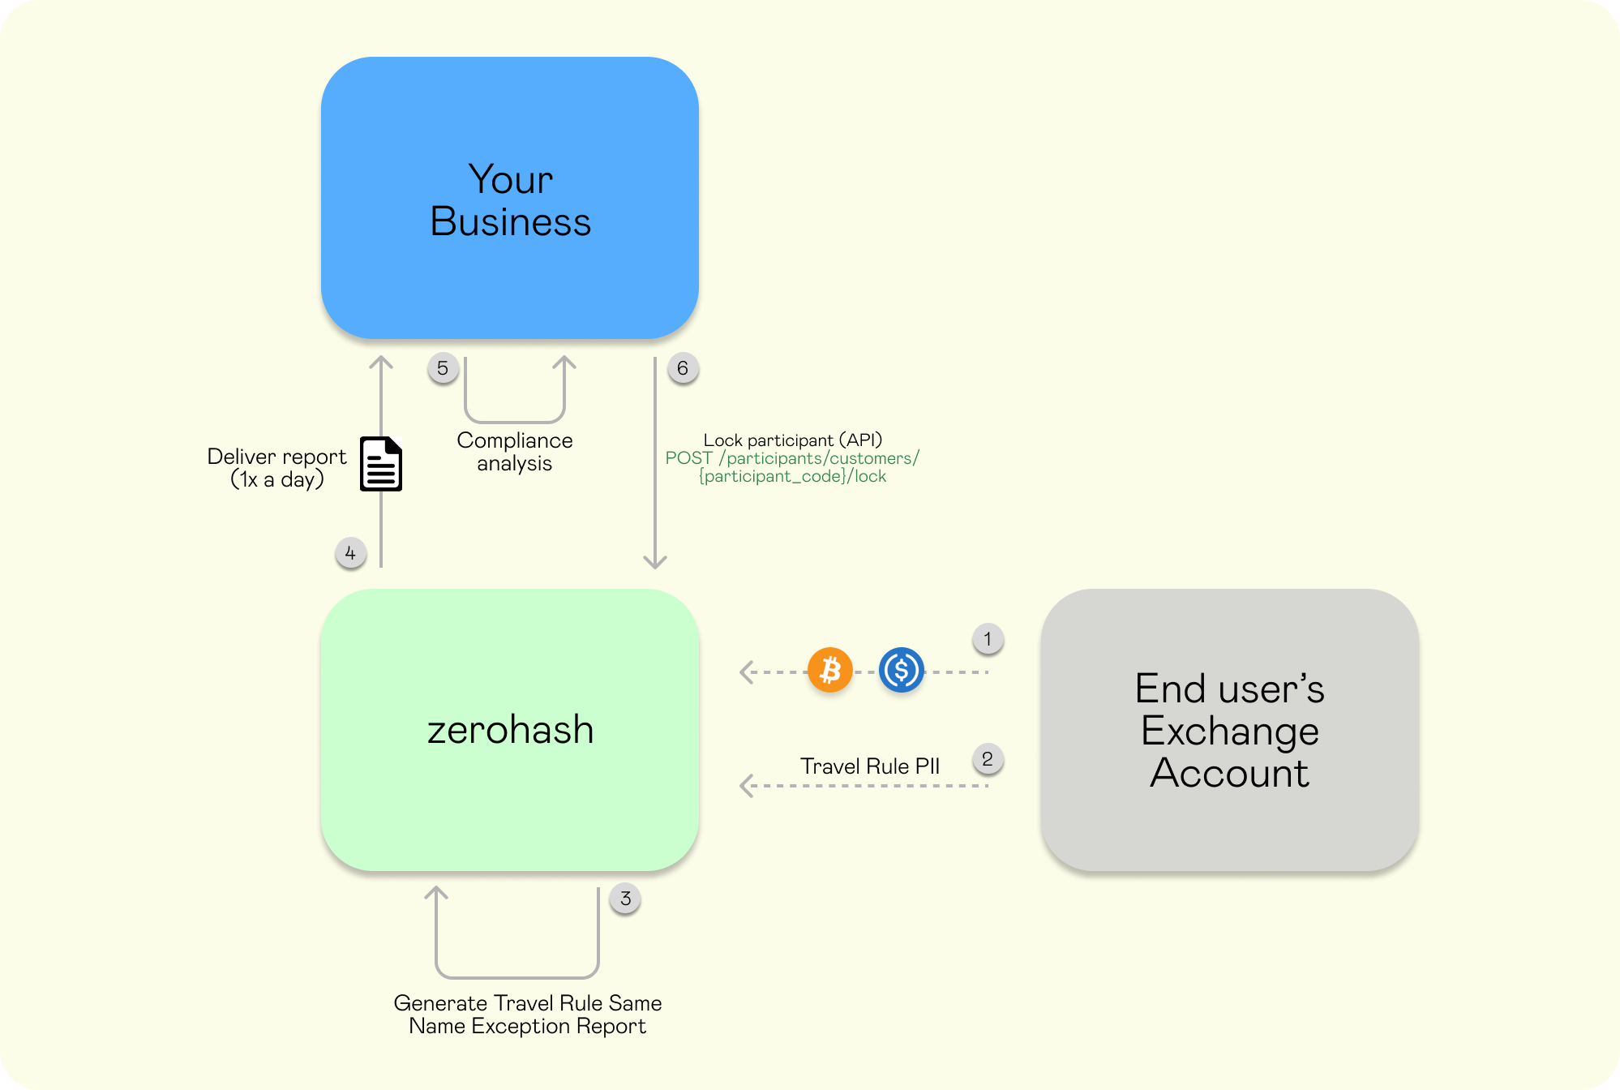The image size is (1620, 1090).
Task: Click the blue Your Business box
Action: [x=509, y=198]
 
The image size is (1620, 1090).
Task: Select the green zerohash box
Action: [x=509, y=729]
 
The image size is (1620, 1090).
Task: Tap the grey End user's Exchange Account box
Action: [x=1229, y=729]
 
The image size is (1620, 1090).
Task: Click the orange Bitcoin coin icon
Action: [x=829, y=671]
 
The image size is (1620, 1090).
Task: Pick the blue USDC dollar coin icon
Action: [x=901, y=671]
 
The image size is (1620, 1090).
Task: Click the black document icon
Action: [x=381, y=464]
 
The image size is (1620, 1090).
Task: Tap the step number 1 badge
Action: [x=988, y=639]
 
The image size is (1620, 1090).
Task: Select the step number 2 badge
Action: [x=988, y=759]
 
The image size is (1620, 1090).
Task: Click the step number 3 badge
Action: [x=625, y=899]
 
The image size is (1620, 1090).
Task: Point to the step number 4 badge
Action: [x=350, y=554]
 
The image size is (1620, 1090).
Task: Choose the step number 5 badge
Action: [x=443, y=368]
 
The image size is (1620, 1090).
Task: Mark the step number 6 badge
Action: [x=683, y=368]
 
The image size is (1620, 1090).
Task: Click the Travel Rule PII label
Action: [x=869, y=766]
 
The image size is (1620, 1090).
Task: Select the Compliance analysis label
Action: [x=514, y=452]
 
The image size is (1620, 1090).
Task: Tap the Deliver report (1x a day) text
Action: [x=276, y=468]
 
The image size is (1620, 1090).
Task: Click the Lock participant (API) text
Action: [x=792, y=440]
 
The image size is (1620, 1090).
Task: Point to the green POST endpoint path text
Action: [x=792, y=467]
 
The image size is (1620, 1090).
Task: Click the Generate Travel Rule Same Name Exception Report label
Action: [x=527, y=1015]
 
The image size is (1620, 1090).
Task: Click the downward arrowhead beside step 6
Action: [x=655, y=561]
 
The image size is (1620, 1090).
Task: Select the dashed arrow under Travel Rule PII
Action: [x=864, y=786]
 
